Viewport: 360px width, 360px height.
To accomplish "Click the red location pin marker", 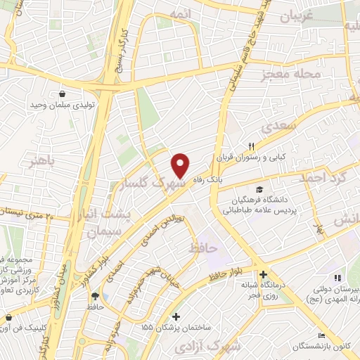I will (181, 165).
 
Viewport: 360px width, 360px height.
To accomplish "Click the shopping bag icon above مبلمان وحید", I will (63, 92).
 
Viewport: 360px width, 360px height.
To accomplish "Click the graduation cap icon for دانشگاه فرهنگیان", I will (261, 188).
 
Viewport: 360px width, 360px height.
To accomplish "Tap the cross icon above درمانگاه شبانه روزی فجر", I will (262, 274).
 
